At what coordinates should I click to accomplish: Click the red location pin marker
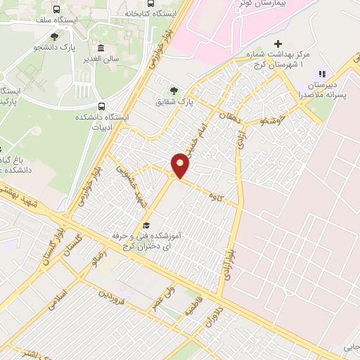181,165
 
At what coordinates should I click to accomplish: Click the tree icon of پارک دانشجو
55,36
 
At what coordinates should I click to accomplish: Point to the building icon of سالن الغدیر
101,49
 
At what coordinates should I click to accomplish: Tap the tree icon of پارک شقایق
174,90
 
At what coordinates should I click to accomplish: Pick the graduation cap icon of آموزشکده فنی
146,226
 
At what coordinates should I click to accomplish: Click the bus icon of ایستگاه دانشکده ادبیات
102,108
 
